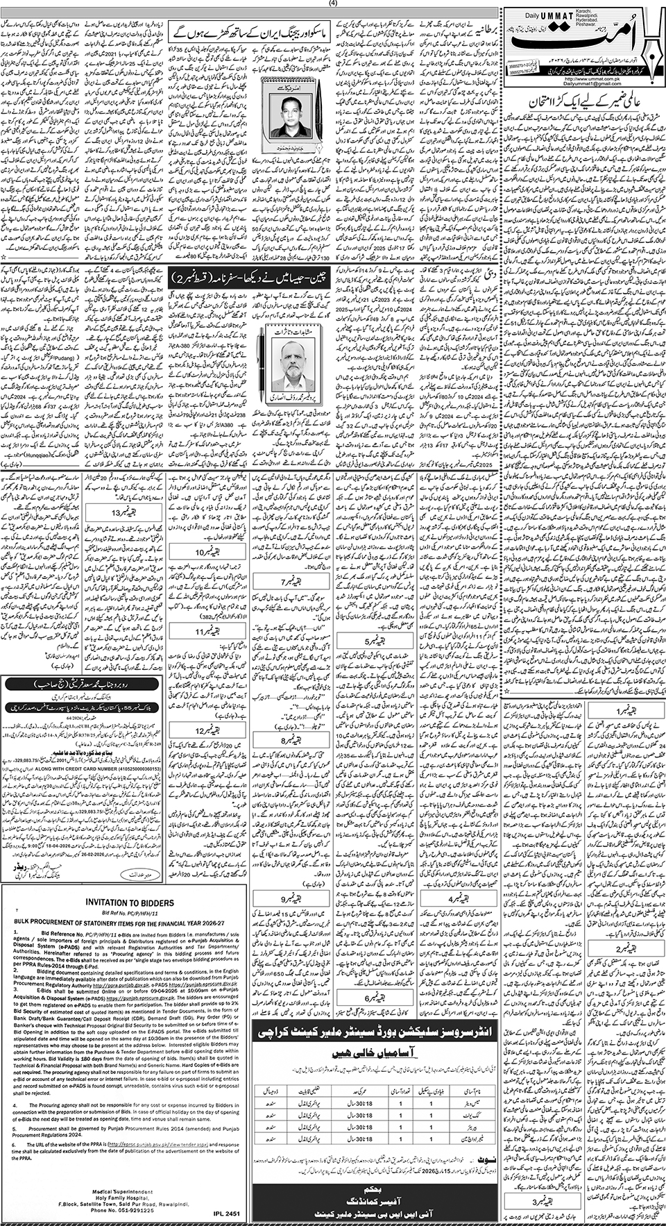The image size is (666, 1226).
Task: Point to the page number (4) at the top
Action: pyautogui.click(x=333, y=3)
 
